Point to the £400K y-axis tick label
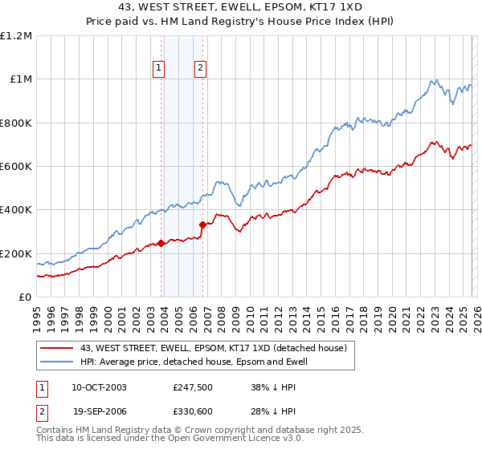(x=16, y=210)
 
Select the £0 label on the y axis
(x=25, y=297)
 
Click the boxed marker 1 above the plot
(x=159, y=69)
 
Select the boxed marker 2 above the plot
(x=198, y=69)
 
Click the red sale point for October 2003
(x=161, y=243)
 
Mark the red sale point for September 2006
(x=202, y=225)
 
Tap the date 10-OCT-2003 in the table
(x=99, y=386)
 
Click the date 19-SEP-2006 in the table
(x=99, y=411)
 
